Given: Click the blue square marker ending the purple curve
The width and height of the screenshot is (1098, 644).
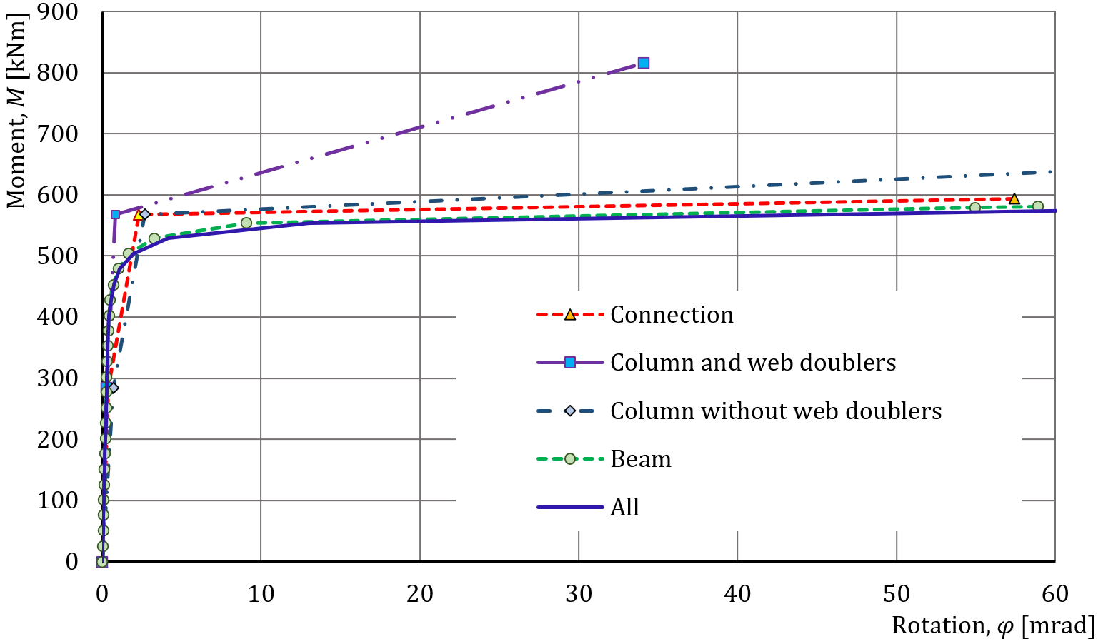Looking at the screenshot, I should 643,63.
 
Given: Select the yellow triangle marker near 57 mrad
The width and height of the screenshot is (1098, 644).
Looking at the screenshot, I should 1014,198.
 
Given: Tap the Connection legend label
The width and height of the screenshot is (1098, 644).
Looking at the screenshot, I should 672,315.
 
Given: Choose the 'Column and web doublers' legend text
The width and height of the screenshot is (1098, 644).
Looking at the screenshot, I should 753,363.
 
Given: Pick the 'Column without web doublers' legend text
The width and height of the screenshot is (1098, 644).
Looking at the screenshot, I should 776,411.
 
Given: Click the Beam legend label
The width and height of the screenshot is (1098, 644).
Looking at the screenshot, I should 641,459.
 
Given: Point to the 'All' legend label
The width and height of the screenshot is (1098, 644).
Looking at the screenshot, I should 624,508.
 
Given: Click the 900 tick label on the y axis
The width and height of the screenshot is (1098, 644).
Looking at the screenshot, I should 58,12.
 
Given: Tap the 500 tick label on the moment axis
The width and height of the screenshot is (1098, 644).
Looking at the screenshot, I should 58,256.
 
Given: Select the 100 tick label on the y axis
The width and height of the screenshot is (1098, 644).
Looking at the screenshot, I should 58,500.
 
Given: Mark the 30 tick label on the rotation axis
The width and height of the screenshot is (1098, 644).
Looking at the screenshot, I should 579,594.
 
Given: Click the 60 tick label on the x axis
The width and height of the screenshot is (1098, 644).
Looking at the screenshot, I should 1054,594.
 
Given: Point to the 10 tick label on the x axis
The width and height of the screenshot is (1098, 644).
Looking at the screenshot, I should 261,594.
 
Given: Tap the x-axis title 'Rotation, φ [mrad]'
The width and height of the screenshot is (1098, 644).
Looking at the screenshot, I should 992,626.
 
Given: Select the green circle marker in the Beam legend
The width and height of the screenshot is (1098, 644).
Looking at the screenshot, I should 570,459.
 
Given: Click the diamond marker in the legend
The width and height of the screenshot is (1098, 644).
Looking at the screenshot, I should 570,411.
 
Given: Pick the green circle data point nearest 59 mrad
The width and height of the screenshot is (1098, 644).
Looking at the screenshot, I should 1037,206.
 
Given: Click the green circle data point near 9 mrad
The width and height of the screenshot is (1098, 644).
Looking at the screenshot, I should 246,223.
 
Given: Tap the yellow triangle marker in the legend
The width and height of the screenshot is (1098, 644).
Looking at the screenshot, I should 570,315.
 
